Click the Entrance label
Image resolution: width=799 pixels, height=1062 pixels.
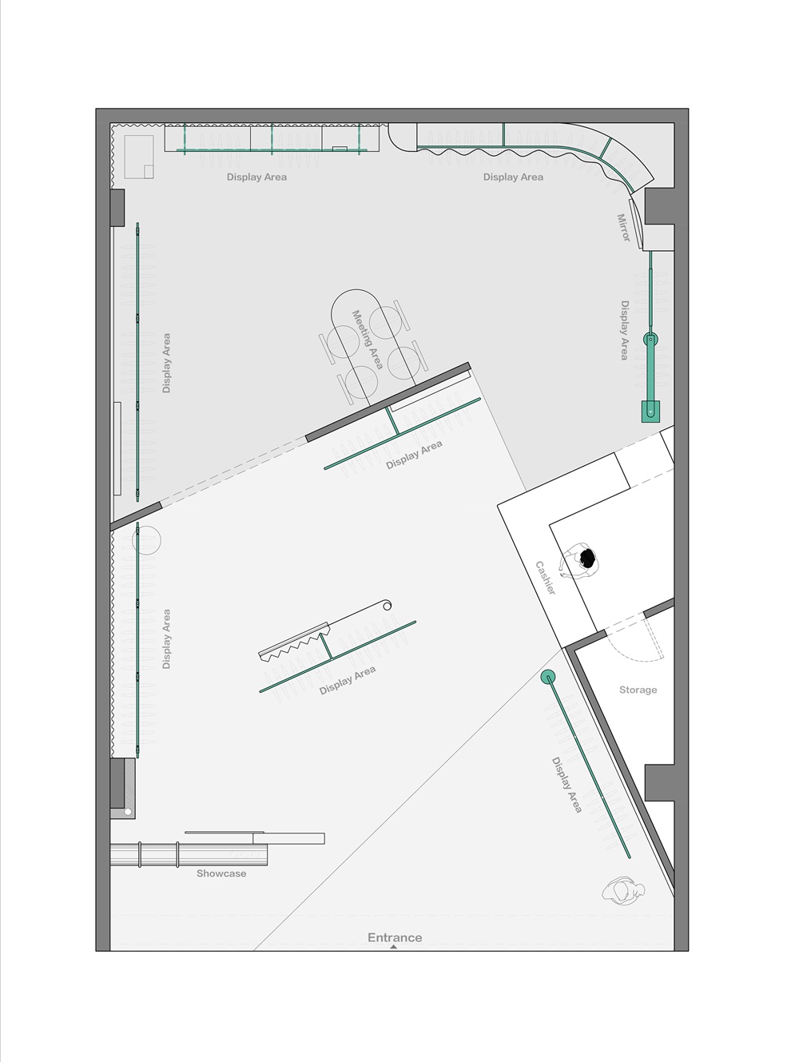(x=395, y=937)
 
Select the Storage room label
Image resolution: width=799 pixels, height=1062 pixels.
(x=638, y=690)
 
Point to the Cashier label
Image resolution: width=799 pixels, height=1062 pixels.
(x=546, y=578)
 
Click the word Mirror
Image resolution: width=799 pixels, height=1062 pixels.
(x=623, y=228)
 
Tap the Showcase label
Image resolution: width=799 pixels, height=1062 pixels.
(x=221, y=873)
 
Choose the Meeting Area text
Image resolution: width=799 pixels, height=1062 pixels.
(x=368, y=340)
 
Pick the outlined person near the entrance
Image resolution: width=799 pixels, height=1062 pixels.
(x=623, y=891)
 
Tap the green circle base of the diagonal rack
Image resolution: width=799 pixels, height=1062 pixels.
(x=548, y=677)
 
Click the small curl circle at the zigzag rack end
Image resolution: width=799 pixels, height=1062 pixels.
(x=387, y=605)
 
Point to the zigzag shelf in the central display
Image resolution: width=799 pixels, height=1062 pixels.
(x=295, y=642)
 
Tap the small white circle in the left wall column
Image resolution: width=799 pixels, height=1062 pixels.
(x=128, y=812)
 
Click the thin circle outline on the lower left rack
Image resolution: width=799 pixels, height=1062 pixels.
(x=146, y=540)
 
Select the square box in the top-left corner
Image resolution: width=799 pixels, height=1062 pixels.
(x=139, y=157)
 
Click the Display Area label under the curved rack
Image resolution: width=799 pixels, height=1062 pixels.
(x=513, y=177)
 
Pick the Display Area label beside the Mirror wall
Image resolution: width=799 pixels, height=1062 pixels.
(x=624, y=331)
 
